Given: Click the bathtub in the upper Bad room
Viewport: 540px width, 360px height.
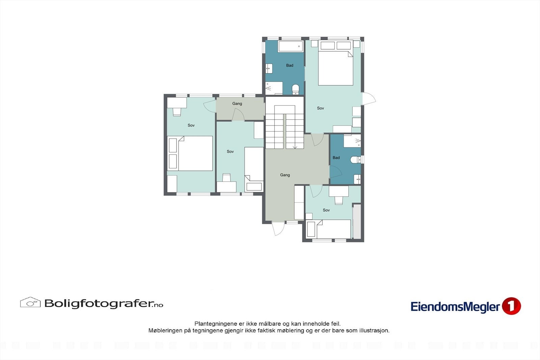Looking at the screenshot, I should [290, 46].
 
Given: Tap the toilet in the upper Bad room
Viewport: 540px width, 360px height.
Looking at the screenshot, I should [296, 89].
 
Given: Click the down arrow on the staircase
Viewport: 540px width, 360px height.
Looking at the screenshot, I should [295, 146].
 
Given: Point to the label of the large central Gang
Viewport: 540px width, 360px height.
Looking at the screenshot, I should [285, 175].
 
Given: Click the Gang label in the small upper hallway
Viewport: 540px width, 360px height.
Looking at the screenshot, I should [237, 104].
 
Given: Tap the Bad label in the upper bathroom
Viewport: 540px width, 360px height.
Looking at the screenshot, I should [290, 65].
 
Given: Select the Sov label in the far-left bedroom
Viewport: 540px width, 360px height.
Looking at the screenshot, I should [191, 125].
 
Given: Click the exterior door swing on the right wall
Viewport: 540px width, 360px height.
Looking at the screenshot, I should [369, 98].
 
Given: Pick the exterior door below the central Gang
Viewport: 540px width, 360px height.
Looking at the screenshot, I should [278, 229].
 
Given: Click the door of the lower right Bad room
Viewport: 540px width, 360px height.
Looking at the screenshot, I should [336, 172].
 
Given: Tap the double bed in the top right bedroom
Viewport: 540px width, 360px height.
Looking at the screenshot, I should [335, 64].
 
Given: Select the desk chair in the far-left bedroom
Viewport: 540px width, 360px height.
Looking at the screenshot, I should [177, 111].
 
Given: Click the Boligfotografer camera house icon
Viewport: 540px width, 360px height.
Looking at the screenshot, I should [30, 302].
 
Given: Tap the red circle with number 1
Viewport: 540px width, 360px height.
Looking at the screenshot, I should [511, 306].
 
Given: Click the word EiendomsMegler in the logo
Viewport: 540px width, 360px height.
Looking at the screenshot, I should [455, 307].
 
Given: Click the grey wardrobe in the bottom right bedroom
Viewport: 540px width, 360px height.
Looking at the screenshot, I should [357, 222].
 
